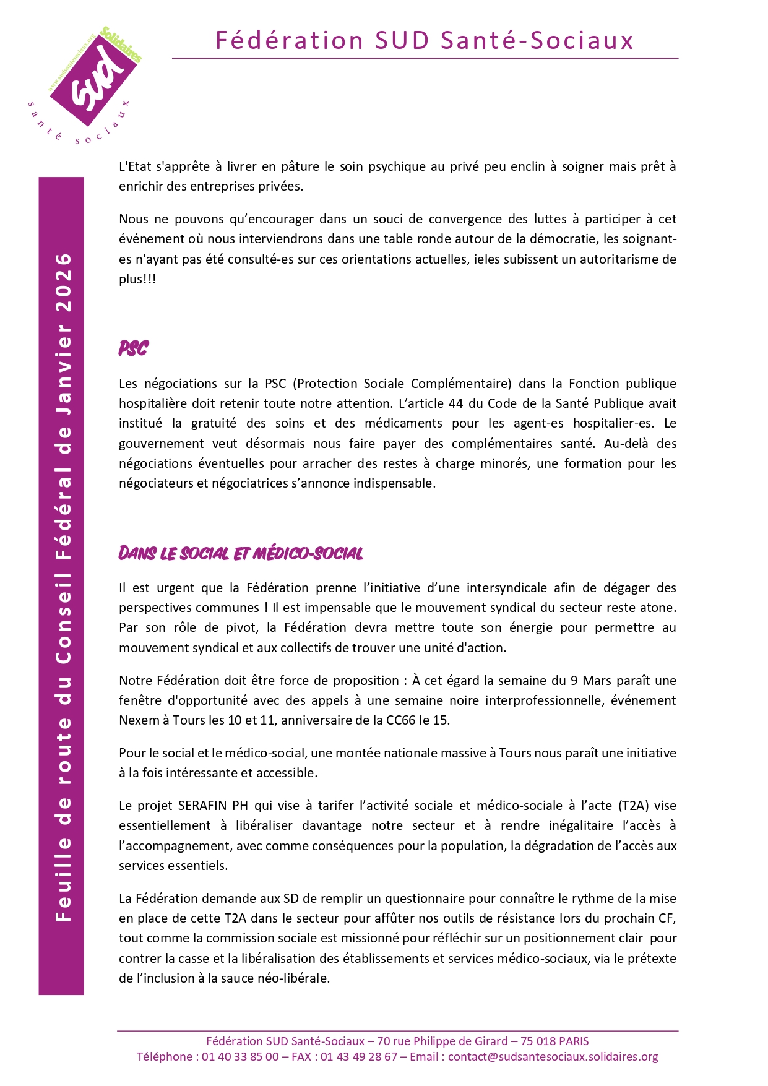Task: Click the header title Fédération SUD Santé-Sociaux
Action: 425,40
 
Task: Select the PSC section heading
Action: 134,348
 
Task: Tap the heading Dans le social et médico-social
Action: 241,553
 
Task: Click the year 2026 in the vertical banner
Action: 64,282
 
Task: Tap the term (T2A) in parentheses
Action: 632,806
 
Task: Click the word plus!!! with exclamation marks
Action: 137,279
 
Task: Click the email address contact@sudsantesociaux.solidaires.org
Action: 553,1057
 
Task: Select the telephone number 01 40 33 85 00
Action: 240,1057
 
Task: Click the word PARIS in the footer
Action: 571,1041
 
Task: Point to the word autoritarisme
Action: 606,259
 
